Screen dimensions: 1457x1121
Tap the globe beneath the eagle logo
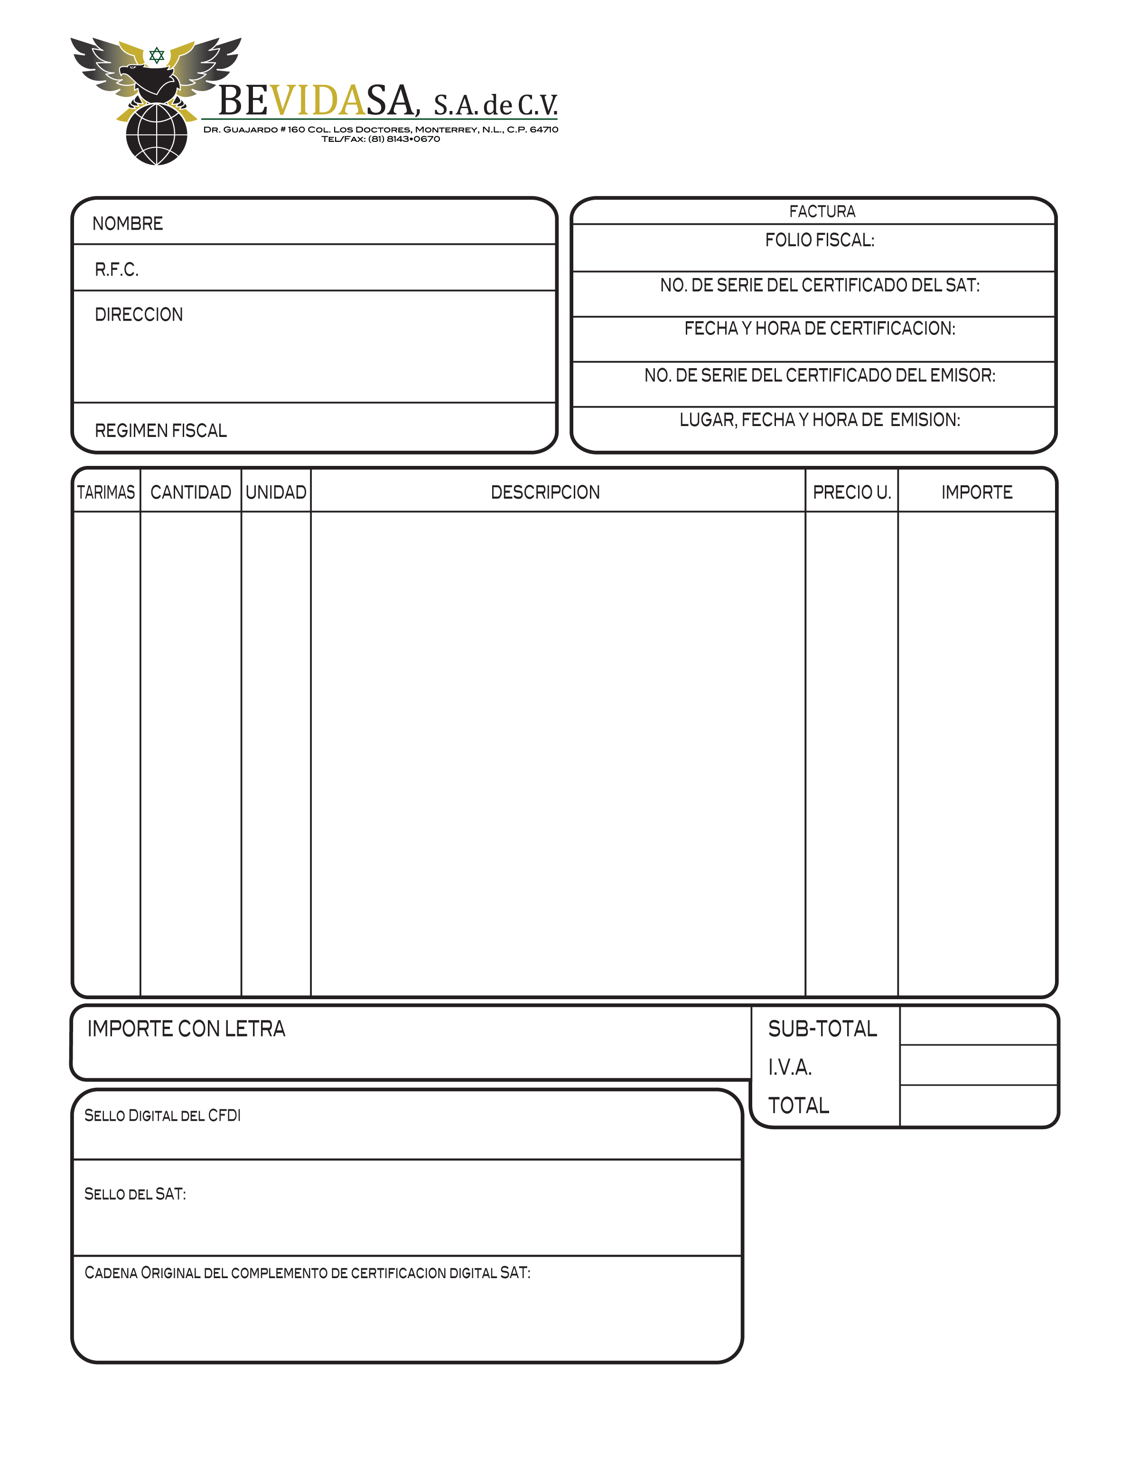tap(157, 135)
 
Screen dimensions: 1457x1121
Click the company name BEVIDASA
tap(318, 102)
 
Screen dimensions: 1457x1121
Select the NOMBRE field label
tap(128, 223)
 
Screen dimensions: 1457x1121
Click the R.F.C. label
tap(117, 269)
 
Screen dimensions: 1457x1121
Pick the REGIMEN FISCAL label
tap(161, 431)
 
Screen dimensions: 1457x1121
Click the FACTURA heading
tap(822, 212)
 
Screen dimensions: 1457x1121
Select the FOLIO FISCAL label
tap(820, 240)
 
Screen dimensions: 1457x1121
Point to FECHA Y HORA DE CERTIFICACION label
tap(820, 328)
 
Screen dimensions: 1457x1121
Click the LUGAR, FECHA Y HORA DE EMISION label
tap(820, 419)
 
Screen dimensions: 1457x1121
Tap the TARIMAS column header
tap(106, 492)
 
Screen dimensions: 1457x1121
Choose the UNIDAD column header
tap(276, 492)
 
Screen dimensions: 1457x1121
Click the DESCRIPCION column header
tap(545, 492)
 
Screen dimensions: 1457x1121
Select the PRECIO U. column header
tap(851, 492)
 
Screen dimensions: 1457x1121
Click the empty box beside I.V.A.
tap(978, 1066)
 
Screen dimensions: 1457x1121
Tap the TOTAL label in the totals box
tap(799, 1106)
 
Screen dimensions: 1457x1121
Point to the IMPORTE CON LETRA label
tap(186, 1029)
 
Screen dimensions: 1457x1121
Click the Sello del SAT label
tap(135, 1194)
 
